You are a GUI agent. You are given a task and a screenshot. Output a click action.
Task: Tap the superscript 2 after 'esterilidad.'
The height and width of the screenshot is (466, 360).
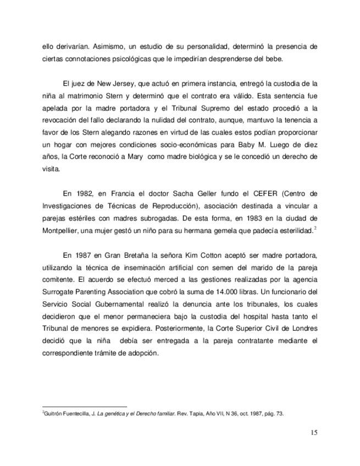pos(315,226)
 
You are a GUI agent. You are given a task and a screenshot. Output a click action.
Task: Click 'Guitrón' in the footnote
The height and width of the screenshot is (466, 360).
pos(55,414)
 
